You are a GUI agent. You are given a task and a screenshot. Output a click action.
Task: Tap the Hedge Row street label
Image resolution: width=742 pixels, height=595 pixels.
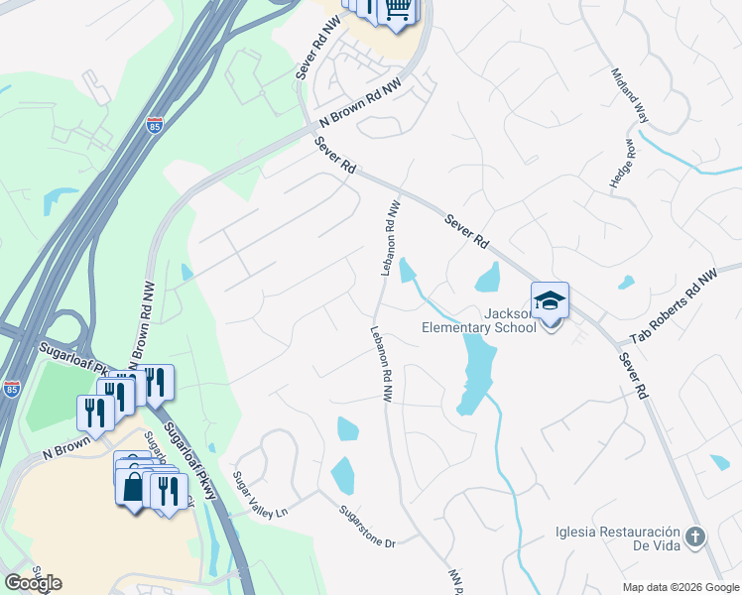pyautogui.click(x=627, y=163)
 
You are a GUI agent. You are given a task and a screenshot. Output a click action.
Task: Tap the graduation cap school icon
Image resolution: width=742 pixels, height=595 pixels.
pyautogui.click(x=551, y=299)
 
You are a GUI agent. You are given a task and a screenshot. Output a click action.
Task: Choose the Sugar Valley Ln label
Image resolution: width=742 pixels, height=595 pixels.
pyautogui.click(x=259, y=495)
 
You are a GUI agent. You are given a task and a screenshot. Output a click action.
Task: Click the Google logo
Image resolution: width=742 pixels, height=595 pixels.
pyautogui.click(x=33, y=583)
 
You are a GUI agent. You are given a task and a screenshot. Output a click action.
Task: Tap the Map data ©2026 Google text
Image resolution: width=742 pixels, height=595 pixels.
pyautogui.click(x=680, y=587)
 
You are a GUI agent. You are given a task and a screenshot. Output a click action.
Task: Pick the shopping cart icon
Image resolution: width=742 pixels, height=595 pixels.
pyautogui.click(x=399, y=9)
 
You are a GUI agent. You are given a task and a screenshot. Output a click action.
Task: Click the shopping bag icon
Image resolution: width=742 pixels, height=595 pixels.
pyautogui.click(x=133, y=487)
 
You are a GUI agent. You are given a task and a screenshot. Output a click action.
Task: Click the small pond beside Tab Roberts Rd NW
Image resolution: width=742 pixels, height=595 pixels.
pyautogui.click(x=626, y=283)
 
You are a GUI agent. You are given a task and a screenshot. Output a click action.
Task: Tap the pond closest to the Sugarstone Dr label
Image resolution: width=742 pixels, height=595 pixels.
pyautogui.click(x=342, y=476)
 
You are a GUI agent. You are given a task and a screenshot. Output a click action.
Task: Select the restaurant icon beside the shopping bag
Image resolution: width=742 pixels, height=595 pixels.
pyautogui.click(x=166, y=490)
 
